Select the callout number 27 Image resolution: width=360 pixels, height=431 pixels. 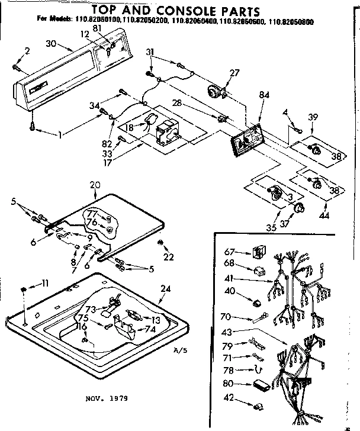(234, 73)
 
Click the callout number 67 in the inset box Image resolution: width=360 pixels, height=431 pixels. (230, 252)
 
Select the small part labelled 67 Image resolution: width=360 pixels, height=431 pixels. (257, 252)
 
